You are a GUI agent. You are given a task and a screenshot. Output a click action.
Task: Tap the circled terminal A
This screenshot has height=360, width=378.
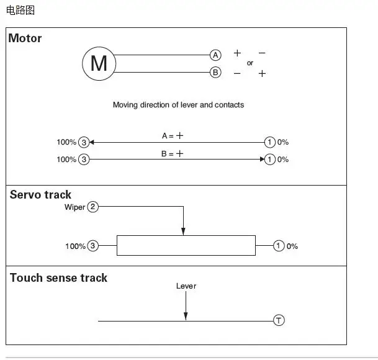215,55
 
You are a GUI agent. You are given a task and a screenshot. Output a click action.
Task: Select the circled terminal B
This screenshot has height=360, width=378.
215,73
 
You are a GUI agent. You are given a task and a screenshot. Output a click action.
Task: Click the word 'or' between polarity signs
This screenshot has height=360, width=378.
250,63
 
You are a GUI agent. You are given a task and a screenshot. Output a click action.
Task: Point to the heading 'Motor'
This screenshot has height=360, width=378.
25,38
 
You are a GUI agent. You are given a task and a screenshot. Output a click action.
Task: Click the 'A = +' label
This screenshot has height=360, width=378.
173,135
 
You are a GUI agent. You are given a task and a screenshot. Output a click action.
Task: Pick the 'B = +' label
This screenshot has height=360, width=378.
172,153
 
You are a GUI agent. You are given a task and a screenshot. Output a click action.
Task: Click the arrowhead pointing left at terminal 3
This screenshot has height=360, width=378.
92,142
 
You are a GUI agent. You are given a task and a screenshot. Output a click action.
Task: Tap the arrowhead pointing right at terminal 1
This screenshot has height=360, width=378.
263,159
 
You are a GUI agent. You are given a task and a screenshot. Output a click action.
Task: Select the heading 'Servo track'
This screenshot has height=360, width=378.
40,195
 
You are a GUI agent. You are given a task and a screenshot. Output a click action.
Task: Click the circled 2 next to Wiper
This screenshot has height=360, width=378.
93,207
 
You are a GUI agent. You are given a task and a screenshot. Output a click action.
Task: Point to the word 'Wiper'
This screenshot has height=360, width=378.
74,207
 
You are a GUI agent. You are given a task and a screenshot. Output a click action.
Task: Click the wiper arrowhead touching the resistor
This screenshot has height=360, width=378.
183,232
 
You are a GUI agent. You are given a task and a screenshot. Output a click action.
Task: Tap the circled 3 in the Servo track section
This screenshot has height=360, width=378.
93,246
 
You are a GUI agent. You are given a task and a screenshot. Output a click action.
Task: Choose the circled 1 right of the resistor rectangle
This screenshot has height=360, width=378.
279,246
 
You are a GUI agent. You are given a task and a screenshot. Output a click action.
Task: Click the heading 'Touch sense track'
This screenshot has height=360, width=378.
58,278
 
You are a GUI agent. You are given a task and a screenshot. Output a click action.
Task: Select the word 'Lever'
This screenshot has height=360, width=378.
186,286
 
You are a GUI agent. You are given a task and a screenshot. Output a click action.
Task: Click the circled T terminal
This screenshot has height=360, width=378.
279,320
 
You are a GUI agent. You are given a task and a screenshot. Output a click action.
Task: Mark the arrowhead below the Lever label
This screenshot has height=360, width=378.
186,316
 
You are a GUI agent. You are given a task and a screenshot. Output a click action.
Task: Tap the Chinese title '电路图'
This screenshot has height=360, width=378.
20,11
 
